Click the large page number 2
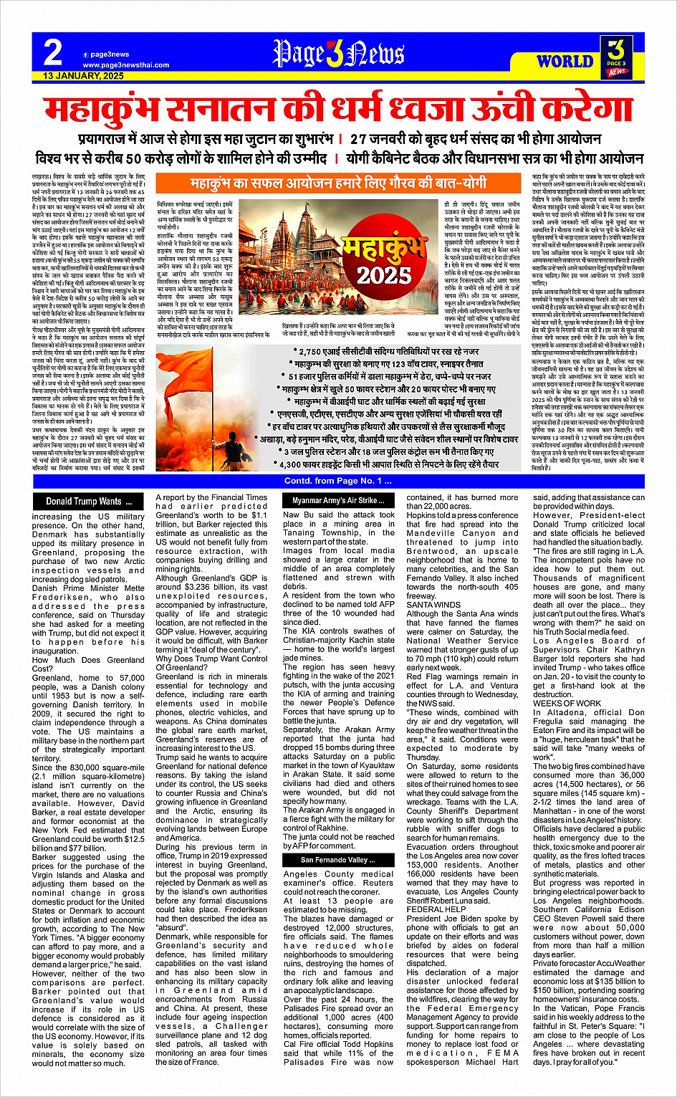[52, 52]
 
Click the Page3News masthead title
[338, 54]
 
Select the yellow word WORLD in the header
[565, 62]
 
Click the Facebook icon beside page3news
[85, 54]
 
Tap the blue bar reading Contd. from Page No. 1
[338, 481]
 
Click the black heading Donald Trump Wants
[84, 502]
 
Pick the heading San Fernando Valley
[334, 860]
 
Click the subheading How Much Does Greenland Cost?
[87, 664]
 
